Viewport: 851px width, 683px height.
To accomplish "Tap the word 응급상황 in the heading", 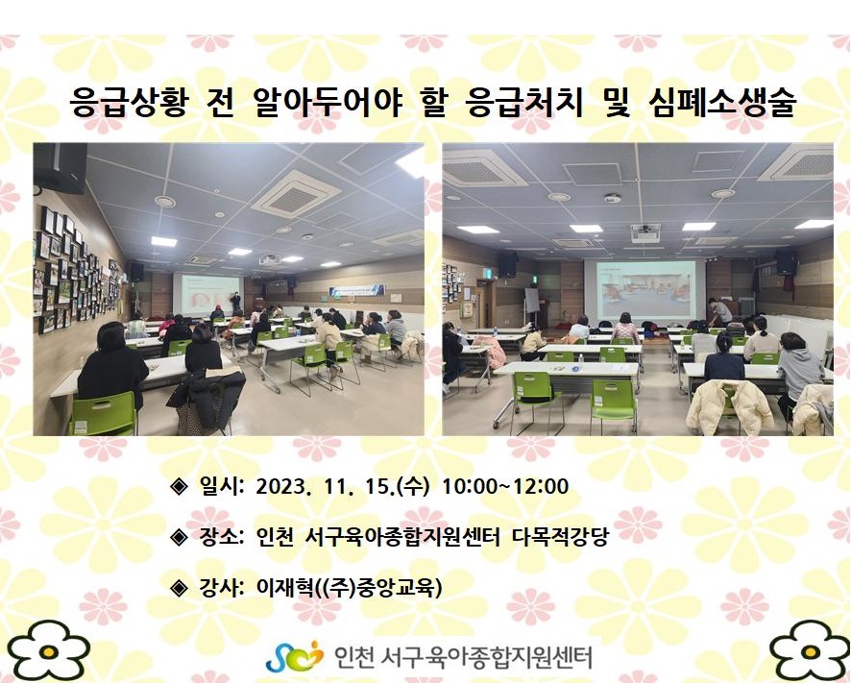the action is (x=129, y=102).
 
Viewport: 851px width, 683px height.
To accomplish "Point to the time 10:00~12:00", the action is (x=505, y=486).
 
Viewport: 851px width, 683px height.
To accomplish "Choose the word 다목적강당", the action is (x=561, y=537).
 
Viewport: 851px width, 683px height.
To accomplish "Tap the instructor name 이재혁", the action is (x=284, y=587).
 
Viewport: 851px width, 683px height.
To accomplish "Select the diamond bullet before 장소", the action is (x=179, y=538).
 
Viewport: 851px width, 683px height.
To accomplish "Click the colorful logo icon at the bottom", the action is (x=294, y=656).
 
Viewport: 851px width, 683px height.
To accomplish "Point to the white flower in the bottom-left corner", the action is (x=48, y=650).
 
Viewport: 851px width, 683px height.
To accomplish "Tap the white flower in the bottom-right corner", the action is (x=810, y=650).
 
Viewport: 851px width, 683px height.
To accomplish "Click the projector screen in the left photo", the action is (x=208, y=294).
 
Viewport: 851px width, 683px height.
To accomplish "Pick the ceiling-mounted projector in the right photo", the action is (x=645, y=232).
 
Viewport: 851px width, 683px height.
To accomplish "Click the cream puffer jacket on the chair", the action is (x=729, y=406).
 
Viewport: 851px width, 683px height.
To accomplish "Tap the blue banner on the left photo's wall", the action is (x=356, y=290).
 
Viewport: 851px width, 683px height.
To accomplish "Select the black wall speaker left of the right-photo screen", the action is (x=508, y=264).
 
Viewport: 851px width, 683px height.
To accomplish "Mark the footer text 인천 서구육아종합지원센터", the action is (x=463, y=657).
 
